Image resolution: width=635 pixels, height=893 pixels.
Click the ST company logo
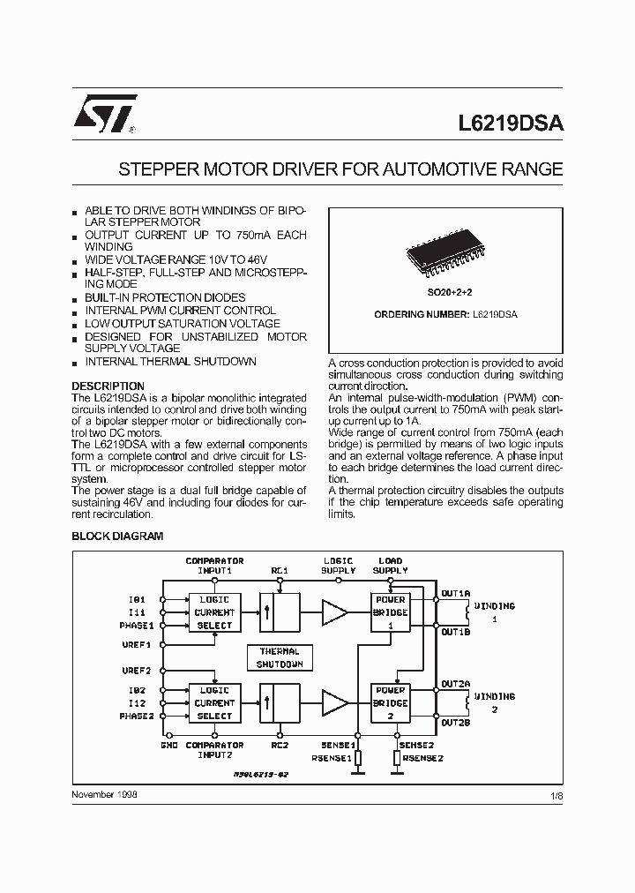[x=104, y=116]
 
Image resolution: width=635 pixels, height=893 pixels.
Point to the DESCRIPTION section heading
[x=108, y=386]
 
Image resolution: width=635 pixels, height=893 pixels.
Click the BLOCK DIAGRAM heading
[x=116, y=536]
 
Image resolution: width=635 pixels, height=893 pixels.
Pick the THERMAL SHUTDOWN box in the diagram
[x=280, y=657]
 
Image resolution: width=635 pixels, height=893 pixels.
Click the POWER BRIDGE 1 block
[x=390, y=612]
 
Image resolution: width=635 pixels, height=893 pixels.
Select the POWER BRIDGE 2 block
[x=390, y=703]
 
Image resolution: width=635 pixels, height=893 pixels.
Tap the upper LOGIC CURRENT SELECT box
[x=214, y=612]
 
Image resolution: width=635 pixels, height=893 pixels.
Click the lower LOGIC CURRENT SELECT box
[x=214, y=703]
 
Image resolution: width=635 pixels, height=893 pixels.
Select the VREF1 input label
[x=137, y=645]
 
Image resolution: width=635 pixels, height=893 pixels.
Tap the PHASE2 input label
[x=137, y=717]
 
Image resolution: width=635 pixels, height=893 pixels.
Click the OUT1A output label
[x=456, y=593]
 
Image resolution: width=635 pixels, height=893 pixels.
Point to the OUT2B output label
[x=456, y=723]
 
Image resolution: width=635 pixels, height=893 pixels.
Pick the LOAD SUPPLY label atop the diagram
[x=391, y=566]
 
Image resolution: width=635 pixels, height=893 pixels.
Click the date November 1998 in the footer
[x=104, y=794]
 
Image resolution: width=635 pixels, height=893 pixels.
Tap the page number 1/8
[x=556, y=795]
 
